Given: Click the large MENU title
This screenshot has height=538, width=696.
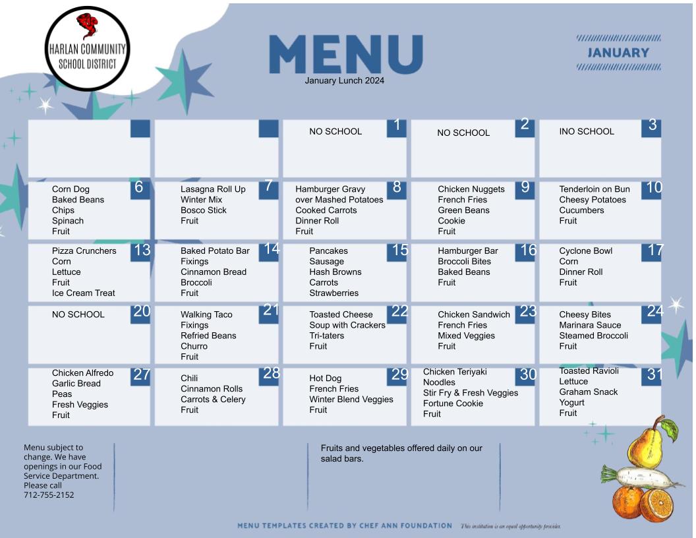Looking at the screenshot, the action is tap(346, 54).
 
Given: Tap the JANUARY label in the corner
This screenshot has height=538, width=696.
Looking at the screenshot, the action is tap(618, 53).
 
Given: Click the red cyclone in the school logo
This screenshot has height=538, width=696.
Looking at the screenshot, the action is tap(87, 26).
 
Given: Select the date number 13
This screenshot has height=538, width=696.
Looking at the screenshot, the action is tap(142, 250).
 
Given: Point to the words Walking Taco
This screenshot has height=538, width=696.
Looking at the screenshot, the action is tap(206, 314).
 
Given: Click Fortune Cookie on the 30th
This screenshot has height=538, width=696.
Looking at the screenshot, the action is tap(453, 403).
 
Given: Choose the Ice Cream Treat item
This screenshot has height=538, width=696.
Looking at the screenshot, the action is tap(84, 293).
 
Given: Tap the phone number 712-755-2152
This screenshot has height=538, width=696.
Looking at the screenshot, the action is tap(49, 495).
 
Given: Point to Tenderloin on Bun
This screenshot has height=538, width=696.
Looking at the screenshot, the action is tap(594, 189).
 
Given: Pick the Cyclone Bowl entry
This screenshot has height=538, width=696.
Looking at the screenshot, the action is tap(585, 251).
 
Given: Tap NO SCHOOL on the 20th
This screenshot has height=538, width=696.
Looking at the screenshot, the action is tap(78, 314).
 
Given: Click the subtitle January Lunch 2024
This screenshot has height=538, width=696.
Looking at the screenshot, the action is tap(345, 81).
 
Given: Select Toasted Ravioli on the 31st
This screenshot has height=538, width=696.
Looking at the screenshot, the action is tap(589, 371).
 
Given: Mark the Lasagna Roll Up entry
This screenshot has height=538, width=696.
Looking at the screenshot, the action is tap(213, 189).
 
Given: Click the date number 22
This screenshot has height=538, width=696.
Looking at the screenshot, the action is tap(399, 311).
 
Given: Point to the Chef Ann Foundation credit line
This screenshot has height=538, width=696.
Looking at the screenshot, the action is tap(345, 525).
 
